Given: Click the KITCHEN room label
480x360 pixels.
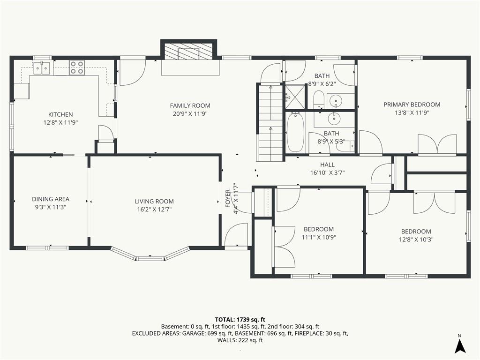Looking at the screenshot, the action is click(x=60, y=114).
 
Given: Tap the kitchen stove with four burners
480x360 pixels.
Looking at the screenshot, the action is click(x=76, y=67).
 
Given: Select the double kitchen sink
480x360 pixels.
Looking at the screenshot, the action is click(x=42, y=67).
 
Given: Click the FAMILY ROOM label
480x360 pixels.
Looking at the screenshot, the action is click(x=190, y=105).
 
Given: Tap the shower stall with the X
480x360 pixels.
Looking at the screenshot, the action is click(x=295, y=97).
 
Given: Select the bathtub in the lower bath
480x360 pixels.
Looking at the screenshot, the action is click(x=295, y=132).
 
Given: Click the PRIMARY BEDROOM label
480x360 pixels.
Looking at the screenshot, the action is click(x=412, y=105).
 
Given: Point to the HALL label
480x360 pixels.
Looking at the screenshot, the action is click(x=328, y=165).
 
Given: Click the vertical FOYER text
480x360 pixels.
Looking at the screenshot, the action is click(x=228, y=198).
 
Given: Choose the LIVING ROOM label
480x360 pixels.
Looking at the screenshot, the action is click(x=154, y=202).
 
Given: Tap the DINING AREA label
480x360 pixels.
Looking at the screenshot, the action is click(x=51, y=199).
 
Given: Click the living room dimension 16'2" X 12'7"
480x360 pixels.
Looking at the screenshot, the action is click(x=154, y=210).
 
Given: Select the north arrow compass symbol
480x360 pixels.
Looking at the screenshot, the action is click(x=460, y=345).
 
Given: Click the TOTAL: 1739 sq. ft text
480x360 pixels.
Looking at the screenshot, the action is click(x=240, y=320).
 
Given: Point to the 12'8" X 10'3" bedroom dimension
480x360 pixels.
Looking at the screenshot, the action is click(x=416, y=240).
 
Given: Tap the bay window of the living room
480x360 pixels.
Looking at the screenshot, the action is click(x=150, y=255).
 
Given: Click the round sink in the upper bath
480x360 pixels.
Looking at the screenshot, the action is click(x=337, y=101).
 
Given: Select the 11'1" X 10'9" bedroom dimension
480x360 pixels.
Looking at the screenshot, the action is click(x=319, y=237).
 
